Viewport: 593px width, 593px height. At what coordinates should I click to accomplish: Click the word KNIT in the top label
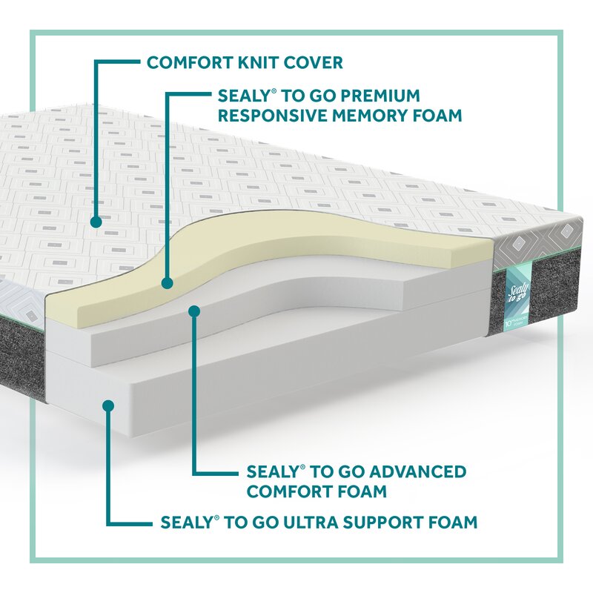tap(260, 62)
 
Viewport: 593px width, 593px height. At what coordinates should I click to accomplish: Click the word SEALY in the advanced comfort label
tap(271, 472)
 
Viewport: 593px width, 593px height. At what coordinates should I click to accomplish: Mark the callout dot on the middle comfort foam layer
tap(194, 311)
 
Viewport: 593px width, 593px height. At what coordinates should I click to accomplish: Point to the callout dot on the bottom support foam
tap(108, 405)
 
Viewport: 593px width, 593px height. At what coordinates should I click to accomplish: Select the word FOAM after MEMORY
tap(439, 116)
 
